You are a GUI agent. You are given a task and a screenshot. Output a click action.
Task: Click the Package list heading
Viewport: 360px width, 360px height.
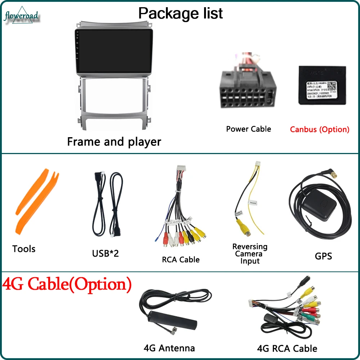point(180,13)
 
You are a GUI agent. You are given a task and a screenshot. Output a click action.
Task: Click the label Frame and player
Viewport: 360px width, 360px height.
point(114,141)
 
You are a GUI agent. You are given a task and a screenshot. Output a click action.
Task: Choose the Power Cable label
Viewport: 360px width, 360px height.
point(248,129)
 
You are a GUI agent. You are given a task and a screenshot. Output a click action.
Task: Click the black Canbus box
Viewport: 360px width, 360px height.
point(322,85)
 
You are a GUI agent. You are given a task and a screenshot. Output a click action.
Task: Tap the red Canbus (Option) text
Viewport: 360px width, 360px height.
point(320,129)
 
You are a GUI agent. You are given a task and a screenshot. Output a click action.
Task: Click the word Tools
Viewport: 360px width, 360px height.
point(24,249)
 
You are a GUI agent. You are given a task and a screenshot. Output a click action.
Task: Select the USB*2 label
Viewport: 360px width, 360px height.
point(105,253)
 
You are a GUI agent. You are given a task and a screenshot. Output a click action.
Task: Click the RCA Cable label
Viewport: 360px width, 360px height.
point(180,259)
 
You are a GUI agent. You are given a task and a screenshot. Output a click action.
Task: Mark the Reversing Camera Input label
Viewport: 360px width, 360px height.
point(250,254)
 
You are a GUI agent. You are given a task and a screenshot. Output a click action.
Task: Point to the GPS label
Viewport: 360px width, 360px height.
point(323,256)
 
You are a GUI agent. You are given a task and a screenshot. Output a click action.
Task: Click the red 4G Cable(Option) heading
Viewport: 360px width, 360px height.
point(67,284)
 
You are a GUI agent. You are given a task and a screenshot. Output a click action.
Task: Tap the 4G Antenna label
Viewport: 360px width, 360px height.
point(169,348)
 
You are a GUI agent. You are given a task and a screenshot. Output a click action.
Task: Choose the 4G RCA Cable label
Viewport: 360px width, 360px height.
point(287,348)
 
